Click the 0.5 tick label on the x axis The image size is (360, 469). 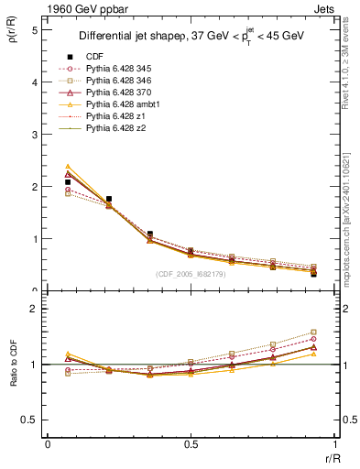(191, 444)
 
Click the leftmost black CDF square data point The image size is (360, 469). (68, 182)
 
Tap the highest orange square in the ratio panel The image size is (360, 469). (313, 333)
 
